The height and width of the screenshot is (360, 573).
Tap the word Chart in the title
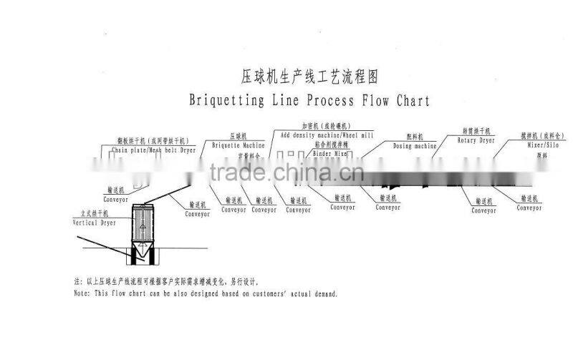[x=413, y=99]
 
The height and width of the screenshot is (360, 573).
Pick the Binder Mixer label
[x=330, y=153]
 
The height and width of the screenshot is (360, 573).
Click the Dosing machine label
[x=415, y=145]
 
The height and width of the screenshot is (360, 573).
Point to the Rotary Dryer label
[x=478, y=140]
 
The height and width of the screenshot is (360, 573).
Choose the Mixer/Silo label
[x=541, y=145]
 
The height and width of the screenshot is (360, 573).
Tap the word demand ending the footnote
[x=322, y=293]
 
